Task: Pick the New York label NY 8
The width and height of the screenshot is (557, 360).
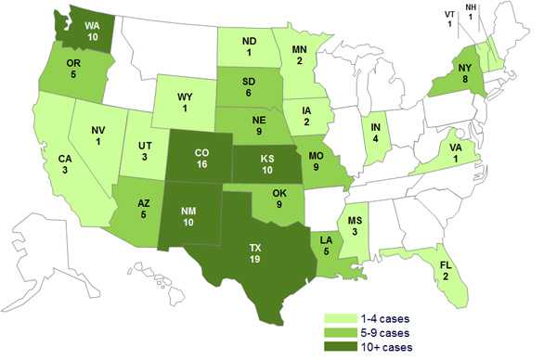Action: [x=455, y=73]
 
